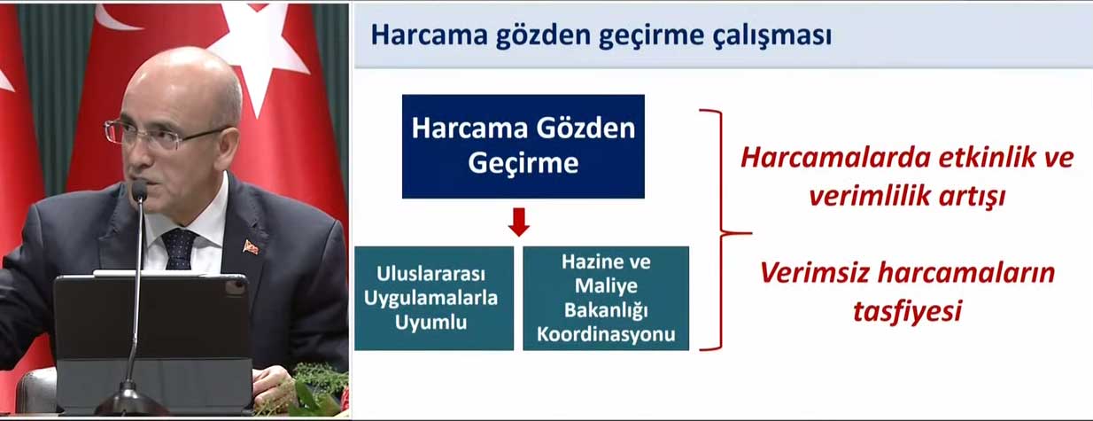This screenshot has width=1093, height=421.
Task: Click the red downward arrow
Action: click(x=519, y=222)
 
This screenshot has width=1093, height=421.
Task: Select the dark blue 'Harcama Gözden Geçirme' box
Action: click(x=523, y=146)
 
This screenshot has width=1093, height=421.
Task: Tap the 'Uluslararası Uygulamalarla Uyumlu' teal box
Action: click(x=434, y=299)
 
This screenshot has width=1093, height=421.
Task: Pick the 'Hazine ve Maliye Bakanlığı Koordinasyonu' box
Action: click(x=606, y=299)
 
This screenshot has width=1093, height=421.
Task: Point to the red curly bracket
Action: click(x=721, y=230)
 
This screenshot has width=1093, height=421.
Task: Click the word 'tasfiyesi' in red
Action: click(x=907, y=311)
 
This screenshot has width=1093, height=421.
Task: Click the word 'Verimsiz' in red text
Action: click(x=814, y=272)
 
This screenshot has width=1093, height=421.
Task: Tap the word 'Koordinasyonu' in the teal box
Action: click(x=606, y=334)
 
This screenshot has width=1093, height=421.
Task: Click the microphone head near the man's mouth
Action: click(x=139, y=190)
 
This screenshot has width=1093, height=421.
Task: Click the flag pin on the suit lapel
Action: click(x=251, y=246)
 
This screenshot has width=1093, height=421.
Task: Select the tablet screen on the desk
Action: click(x=151, y=317)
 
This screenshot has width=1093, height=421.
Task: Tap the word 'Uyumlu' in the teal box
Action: click(x=430, y=323)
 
